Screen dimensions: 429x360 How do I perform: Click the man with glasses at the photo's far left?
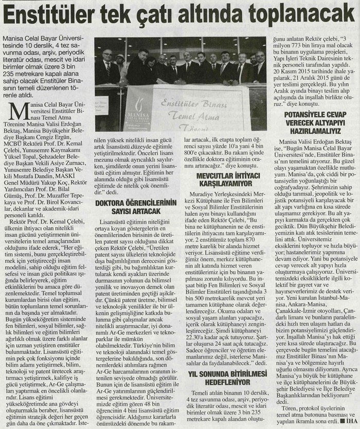point(107,64)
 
